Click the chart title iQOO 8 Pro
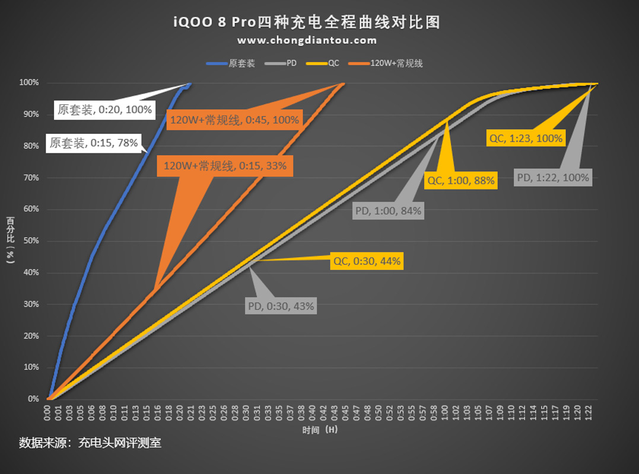pos(307,23)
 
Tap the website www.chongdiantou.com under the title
pos(307,40)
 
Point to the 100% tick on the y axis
pos(29,83)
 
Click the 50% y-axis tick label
pos(31,241)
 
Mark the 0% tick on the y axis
pos(33,399)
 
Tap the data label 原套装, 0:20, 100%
pos(104,110)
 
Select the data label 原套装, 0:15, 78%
pos(94,143)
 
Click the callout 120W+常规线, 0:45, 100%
pos(234,120)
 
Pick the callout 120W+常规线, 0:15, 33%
pos(225,166)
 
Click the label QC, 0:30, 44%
pos(367,261)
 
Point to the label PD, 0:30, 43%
pos(281,306)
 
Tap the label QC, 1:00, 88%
pos(460,181)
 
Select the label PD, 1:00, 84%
pos(388,210)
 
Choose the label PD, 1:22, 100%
pos(553,177)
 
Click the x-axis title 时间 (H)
pos(319,430)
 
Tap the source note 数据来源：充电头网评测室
pos(90,443)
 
